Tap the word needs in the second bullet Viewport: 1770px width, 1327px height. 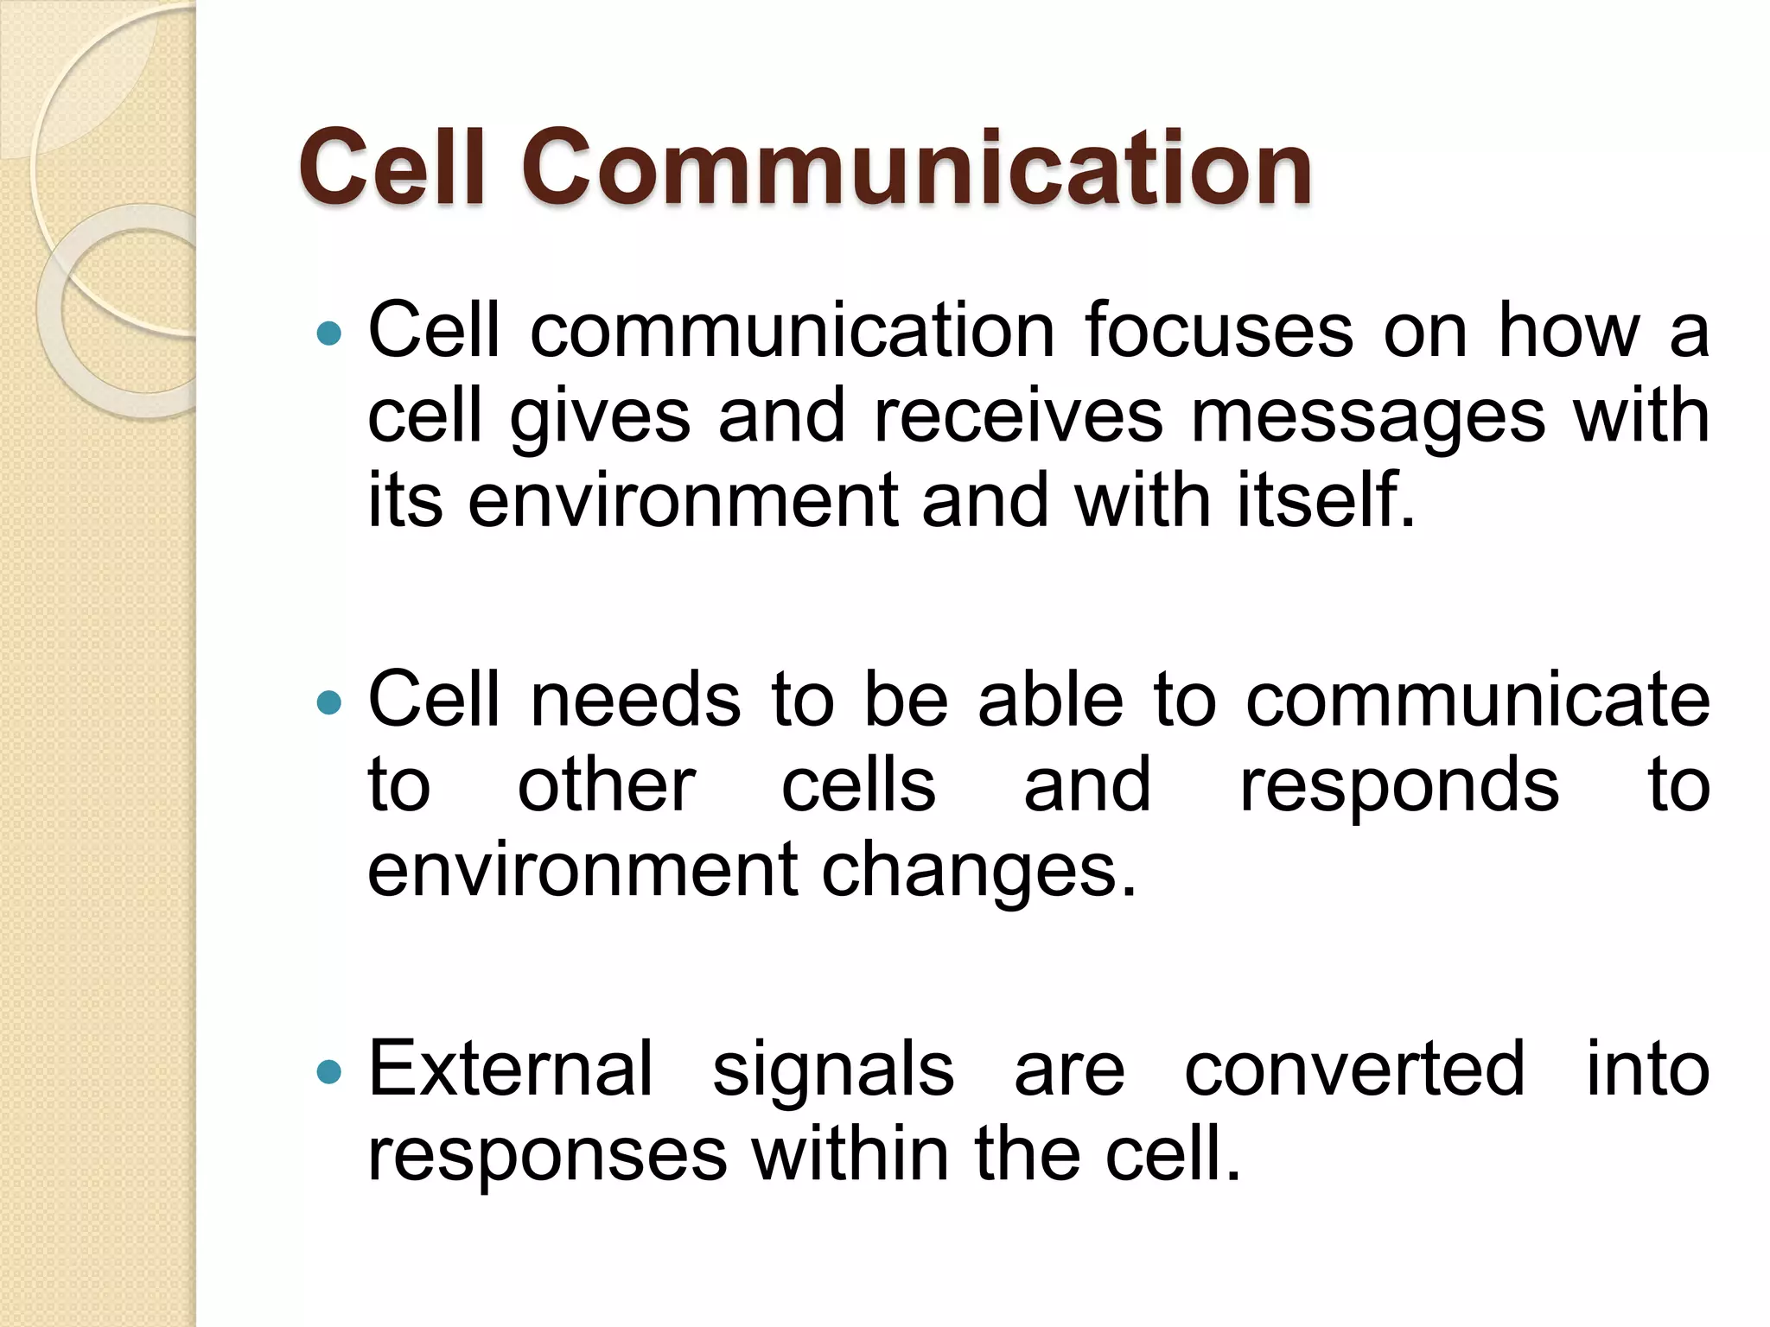(635, 699)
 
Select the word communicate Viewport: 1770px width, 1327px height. (1477, 699)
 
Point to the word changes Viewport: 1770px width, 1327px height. (978, 871)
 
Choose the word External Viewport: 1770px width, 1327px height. (510, 1069)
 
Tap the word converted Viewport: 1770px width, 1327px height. (1354, 1069)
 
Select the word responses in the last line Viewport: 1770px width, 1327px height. (547, 1155)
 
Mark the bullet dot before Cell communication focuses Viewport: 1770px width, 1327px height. (329, 333)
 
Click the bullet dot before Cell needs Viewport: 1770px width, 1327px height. (329, 702)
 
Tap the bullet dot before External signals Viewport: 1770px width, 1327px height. (329, 1072)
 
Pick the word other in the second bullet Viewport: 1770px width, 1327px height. (606, 785)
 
